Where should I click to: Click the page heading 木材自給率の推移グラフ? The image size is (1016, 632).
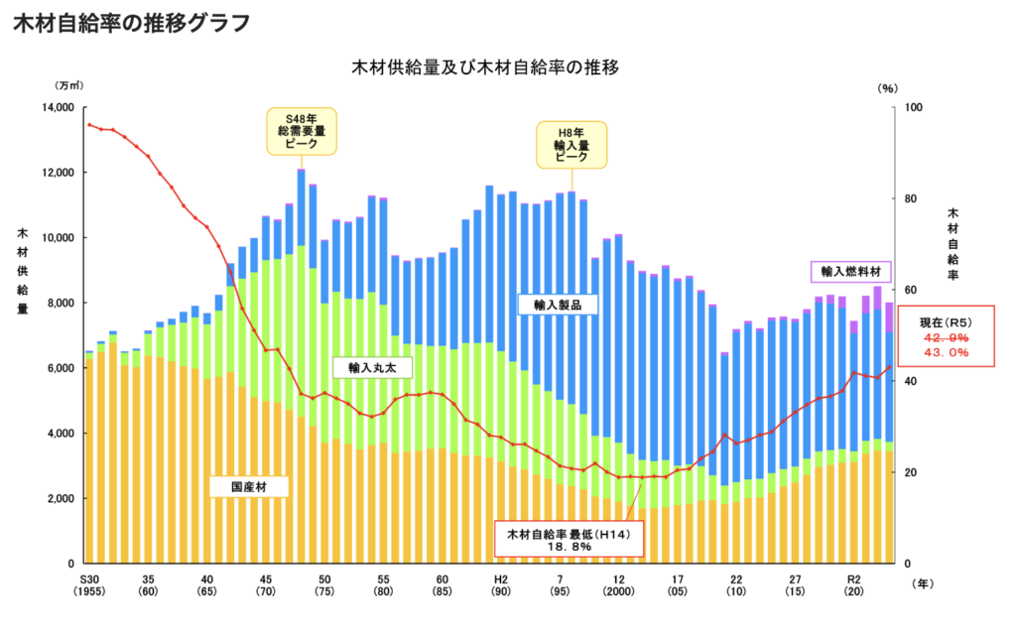131,24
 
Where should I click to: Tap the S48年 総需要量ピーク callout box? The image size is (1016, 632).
301,131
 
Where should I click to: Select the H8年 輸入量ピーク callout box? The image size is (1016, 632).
571,144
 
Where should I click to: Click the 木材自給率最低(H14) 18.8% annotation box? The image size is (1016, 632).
569,540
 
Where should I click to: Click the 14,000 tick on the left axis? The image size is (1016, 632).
56,107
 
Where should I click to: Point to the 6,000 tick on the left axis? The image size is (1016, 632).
60,368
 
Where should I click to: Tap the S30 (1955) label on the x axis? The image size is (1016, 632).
89,584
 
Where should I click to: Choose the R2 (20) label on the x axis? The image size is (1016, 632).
852,584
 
